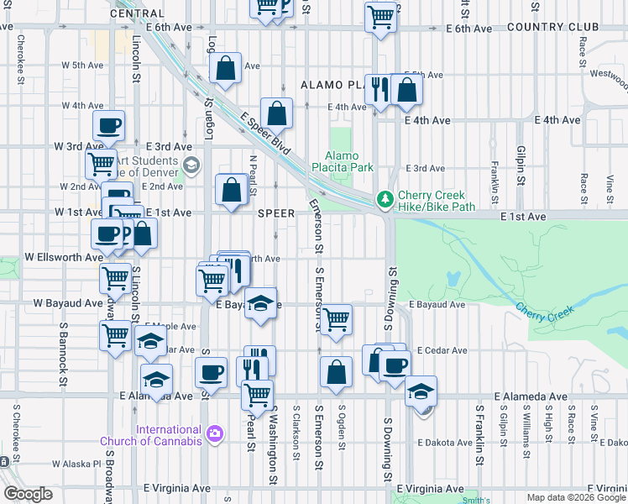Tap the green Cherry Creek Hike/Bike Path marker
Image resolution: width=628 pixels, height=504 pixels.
tap(385, 200)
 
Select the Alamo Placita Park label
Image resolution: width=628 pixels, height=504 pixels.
tap(349, 161)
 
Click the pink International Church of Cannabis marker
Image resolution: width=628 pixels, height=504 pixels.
tap(216, 434)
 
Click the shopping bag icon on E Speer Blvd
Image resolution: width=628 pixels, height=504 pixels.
tap(276, 113)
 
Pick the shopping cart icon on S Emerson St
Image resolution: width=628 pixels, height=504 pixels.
tap(336, 320)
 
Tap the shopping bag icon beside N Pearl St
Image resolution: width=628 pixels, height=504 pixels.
tap(232, 191)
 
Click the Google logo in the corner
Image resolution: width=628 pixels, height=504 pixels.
tap(29, 494)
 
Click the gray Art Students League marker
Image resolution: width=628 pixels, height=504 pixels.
tap(192, 165)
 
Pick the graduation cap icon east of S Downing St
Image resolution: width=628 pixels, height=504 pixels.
tap(421, 391)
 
